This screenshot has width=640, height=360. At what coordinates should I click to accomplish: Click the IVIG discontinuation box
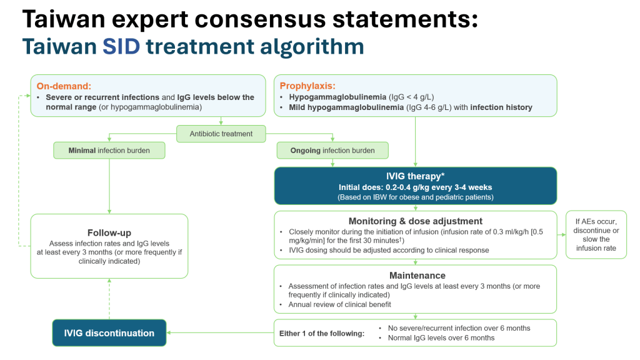[x=109, y=333]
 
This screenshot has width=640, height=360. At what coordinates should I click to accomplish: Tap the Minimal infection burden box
[x=109, y=151]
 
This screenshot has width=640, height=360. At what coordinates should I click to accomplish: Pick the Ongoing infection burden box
[x=332, y=151]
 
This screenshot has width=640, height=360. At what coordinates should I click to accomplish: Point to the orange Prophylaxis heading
[x=307, y=86]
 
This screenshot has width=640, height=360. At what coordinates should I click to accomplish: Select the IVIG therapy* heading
[x=415, y=177]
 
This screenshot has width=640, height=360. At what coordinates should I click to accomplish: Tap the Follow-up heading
[x=109, y=232]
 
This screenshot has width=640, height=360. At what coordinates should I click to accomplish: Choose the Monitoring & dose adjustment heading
[x=415, y=221]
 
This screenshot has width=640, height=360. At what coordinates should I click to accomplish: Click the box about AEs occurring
[x=596, y=234]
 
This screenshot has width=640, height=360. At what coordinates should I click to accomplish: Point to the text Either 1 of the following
[x=321, y=333]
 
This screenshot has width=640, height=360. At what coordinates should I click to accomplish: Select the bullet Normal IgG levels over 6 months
[x=441, y=338]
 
